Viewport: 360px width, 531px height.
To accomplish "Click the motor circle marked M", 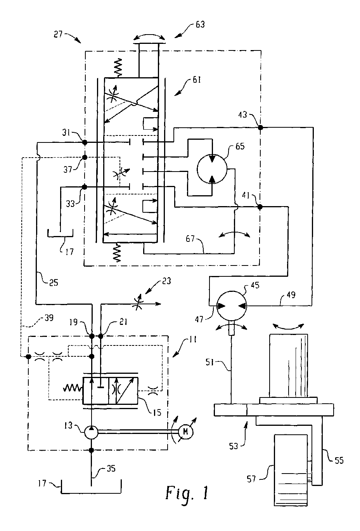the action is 185,432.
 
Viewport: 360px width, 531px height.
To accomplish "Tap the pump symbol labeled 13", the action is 91,432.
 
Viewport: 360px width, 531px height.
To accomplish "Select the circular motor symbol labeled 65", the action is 212,169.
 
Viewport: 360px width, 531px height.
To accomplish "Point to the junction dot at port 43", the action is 260,128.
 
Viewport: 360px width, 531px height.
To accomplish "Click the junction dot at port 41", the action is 260,207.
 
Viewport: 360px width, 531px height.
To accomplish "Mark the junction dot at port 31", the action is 84,142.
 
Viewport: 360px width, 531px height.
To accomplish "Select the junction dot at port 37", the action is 84,158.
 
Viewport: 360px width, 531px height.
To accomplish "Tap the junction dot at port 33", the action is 84,187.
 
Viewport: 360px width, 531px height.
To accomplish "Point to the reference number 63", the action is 200,24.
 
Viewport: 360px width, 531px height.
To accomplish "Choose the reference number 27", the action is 58,34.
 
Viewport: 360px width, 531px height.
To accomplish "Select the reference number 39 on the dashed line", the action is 48,318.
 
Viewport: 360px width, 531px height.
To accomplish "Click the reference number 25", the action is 54,283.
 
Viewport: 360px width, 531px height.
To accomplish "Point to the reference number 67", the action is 190,238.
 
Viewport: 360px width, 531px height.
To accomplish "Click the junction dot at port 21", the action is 100,336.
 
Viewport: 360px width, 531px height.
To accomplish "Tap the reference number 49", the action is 291,295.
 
